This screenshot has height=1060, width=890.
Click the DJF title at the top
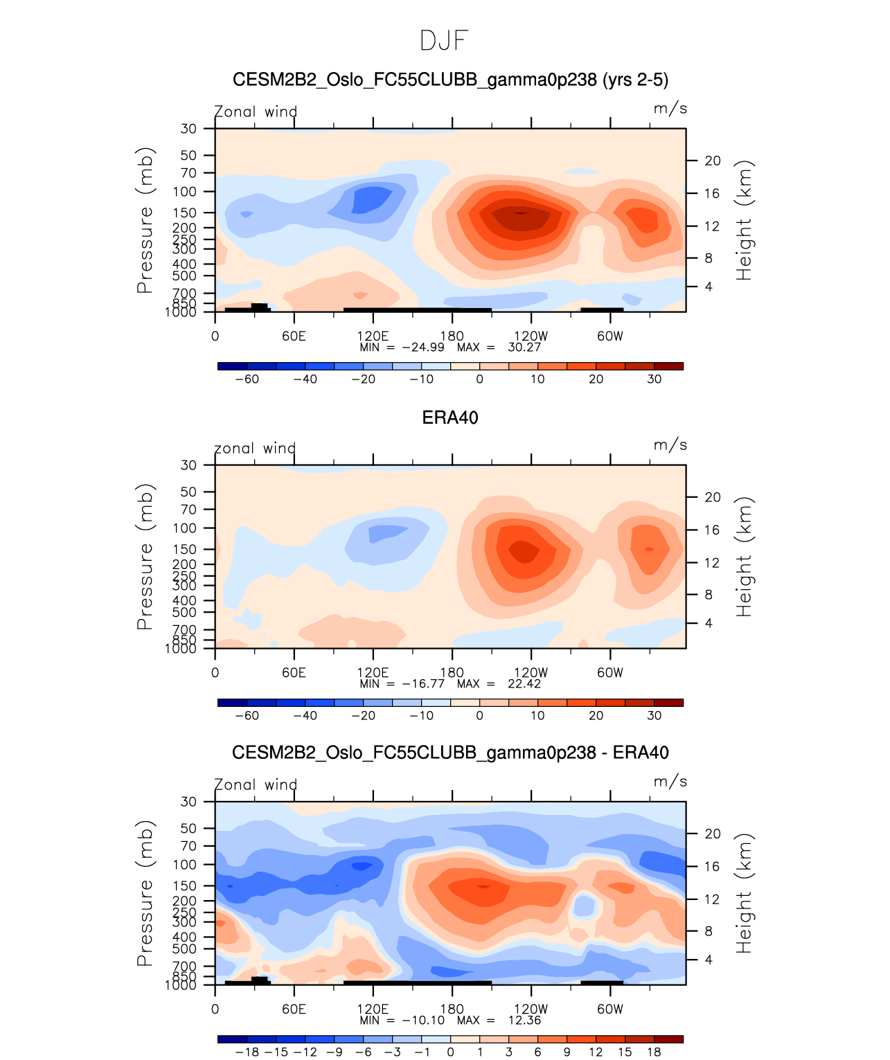tap(445, 41)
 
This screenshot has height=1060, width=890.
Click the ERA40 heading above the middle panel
tap(450, 417)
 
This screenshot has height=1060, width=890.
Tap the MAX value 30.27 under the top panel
tap(524, 347)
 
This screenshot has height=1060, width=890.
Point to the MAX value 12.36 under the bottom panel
tap(524, 1020)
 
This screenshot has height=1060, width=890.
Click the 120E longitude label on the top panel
tap(373, 336)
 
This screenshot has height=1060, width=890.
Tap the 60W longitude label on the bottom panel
tap(610, 1009)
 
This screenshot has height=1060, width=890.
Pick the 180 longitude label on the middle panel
tap(452, 672)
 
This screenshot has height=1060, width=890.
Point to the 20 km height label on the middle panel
tap(713, 497)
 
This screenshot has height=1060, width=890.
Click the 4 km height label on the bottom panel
tap(709, 960)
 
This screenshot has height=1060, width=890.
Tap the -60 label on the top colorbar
tap(247, 379)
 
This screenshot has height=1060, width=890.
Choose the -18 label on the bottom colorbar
tap(247, 1052)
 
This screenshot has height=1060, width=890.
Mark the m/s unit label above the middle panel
tap(670, 445)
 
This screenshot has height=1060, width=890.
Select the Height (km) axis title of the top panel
tap(744, 220)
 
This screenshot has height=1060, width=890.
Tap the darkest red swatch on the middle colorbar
tap(668, 702)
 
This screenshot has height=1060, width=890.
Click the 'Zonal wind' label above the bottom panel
tap(256, 784)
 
